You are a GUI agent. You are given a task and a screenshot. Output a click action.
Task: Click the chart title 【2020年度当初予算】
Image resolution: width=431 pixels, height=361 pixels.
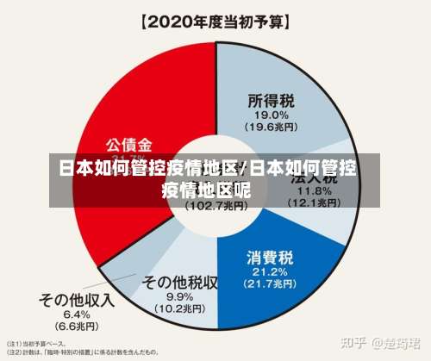tap(215, 20)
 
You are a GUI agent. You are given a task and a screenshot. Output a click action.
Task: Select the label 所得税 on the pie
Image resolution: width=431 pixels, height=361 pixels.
tap(271, 99)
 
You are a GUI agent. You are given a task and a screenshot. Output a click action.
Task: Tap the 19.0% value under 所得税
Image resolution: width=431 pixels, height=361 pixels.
tap(271, 115)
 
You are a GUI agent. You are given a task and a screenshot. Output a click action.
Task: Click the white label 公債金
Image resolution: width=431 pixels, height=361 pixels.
tap(129, 143)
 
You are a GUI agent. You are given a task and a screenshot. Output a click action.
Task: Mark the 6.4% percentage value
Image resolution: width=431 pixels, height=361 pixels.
tap(76, 314)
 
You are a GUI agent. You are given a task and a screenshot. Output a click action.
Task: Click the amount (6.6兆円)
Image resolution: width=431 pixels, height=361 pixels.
tap(76, 327)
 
